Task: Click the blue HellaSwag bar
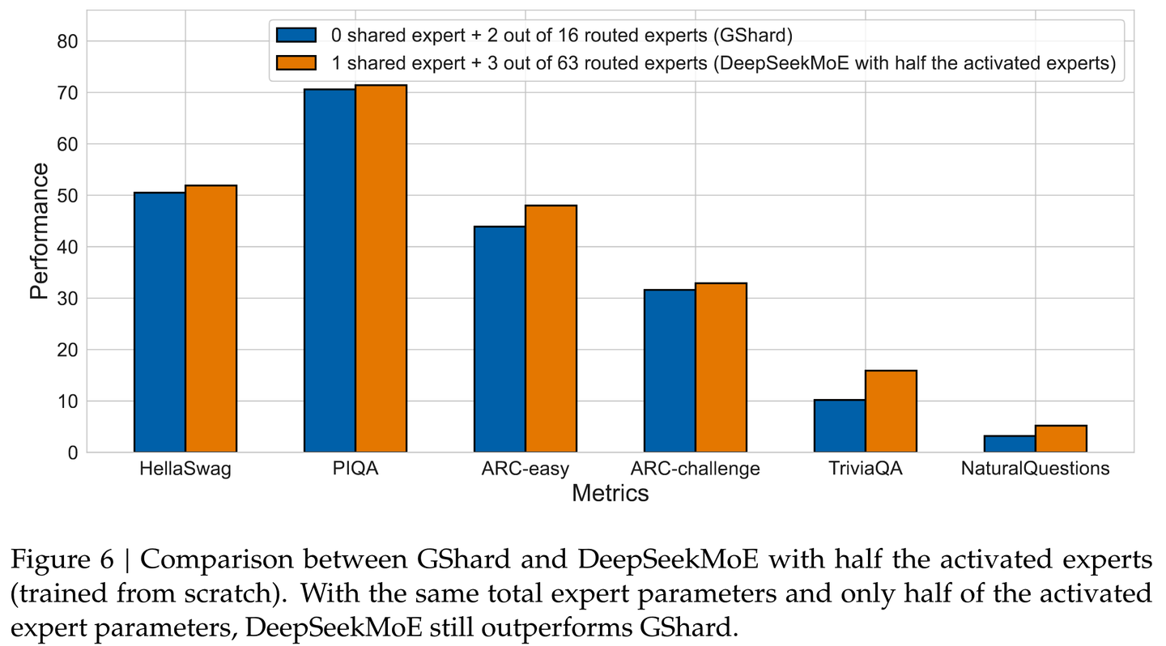[160, 322]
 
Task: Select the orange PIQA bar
[381, 269]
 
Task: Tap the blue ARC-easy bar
[500, 339]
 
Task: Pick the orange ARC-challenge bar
[721, 368]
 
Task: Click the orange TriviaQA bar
[891, 411]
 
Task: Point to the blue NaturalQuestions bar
[1010, 444]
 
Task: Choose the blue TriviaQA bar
[840, 426]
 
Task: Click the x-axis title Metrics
[610, 493]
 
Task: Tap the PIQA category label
[355, 470]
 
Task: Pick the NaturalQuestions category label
[1035, 470]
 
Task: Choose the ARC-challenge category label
[695, 470]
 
